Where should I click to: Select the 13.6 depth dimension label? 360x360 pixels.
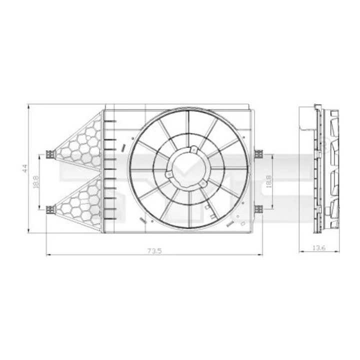click(319, 247)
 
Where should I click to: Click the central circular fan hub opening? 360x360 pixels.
click(189, 167)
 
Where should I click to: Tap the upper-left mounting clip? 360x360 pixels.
click(49, 154)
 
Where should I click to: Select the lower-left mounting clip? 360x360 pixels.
click(49, 209)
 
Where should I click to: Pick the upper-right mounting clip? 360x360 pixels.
click(258, 154)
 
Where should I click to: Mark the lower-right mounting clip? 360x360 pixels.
click(258, 209)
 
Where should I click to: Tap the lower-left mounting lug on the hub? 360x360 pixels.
click(170, 174)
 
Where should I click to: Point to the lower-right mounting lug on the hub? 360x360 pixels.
click(202, 184)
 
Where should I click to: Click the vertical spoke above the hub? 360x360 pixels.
click(189, 127)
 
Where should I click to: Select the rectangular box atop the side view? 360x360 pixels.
click(305, 118)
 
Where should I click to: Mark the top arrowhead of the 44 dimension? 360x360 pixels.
click(29, 106)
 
